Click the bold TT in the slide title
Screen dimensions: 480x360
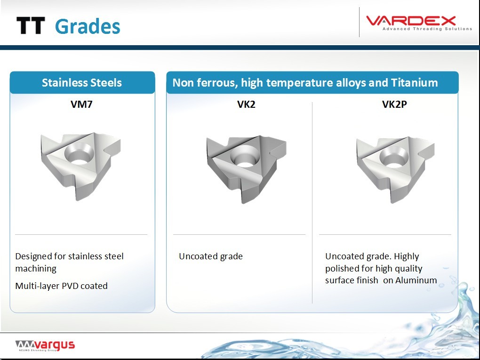pos(31,25)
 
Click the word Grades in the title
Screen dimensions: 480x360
pos(88,26)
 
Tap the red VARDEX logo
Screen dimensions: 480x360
pos(411,21)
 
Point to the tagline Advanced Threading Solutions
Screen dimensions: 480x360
pos(427,29)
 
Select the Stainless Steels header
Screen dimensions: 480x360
pos(82,83)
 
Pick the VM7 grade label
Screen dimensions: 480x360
pos(81,104)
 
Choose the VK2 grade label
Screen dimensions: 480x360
pos(246,104)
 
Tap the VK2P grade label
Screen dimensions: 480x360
pos(395,104)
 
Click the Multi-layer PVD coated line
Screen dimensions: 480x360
pos(62,286)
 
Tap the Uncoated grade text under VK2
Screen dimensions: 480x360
pos(211,256)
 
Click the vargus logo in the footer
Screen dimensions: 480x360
pos(45,345)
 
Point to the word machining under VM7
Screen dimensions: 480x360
pos(36,269)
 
